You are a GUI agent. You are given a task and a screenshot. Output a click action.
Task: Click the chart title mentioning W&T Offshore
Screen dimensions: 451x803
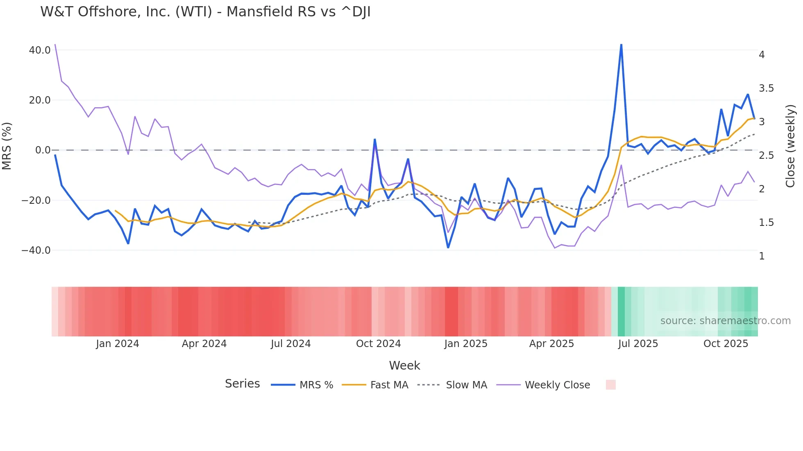click(205, 12)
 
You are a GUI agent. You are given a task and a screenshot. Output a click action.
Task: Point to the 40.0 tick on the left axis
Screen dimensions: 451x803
click(40, 50)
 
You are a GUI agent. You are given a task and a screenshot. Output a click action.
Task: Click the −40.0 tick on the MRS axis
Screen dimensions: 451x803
click(36, 250)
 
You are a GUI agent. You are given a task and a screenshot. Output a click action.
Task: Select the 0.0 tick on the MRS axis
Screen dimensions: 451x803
click(43, 150)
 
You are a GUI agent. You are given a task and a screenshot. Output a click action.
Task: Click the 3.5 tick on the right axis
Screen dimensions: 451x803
click(766, 88)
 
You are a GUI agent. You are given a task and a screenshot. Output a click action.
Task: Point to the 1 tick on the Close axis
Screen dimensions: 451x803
click(762, 256)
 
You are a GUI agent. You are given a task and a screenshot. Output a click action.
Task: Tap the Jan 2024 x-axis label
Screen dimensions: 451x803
click(118, 344)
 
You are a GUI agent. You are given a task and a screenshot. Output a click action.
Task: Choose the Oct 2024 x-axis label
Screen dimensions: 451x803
click(378, 344)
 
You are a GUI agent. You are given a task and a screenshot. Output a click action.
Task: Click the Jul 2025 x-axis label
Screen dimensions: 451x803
click(638, 344)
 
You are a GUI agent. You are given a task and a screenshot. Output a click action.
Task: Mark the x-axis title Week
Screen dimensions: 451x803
click(404, 365)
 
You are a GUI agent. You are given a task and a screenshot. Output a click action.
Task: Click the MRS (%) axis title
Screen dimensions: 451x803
click(7, 146)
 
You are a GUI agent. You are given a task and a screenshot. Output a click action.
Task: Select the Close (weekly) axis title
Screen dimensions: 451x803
click(790, 146)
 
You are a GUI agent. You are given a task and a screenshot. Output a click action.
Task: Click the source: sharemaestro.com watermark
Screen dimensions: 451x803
click(725, 321)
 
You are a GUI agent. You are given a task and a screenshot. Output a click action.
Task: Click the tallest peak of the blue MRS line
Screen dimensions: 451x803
click(621, 45)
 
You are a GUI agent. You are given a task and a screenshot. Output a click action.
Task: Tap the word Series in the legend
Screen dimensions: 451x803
click(242, 384)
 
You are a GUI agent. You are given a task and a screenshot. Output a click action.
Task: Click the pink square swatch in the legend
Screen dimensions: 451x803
click(610, 385)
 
